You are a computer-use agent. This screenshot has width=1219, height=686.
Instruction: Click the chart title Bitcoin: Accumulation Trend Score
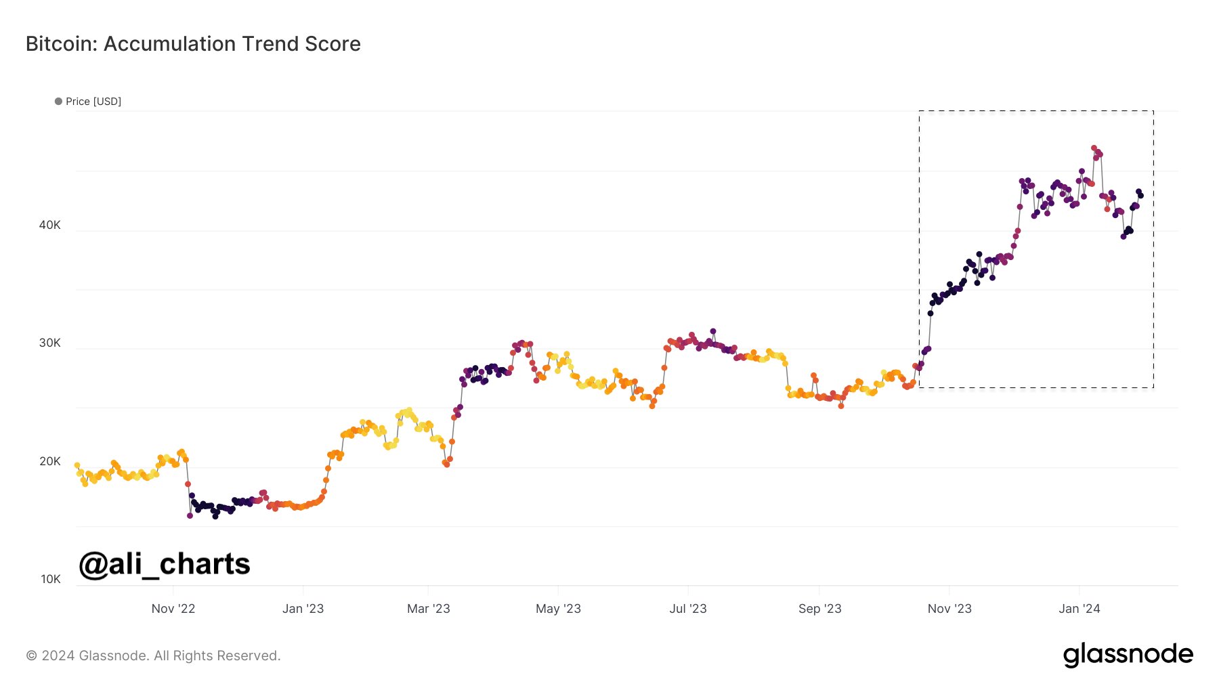(x=193, y=44)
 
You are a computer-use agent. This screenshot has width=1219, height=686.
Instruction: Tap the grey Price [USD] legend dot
(x=58, y=102)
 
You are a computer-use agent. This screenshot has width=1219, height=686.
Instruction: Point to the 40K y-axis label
(x=49, y=225)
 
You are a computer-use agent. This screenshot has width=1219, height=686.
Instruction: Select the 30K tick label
(x=49, y=343)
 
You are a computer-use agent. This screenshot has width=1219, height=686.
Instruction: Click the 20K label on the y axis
(x=49, y=461)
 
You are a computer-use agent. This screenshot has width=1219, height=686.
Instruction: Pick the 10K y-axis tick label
(x=50, y=579)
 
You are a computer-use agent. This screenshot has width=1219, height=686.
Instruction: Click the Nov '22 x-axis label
(x=173, y=609)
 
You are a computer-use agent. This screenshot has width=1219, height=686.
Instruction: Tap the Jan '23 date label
(x=303, y=609)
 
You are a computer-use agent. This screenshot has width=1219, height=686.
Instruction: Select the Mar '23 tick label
(x=428, y=609)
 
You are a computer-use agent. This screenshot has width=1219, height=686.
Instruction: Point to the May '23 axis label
(x=558, y=609)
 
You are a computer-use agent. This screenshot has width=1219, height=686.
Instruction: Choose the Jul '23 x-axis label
(x=687, y=609)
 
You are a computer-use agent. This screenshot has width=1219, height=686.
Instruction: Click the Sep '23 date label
(x=819, y=609)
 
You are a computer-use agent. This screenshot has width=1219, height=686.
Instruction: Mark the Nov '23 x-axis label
(x=949, y=609)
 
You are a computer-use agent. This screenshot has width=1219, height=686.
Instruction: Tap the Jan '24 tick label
(x=1079, y=609)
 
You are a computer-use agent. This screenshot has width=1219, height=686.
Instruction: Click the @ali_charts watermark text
(x=165, y=564)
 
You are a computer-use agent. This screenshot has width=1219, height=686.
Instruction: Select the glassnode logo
(x=1128, y=655)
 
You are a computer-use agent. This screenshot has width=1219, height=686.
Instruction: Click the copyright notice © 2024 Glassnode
(x=153, y=656)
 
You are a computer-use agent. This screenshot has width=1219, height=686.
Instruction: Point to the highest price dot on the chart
(x=1094, y=148)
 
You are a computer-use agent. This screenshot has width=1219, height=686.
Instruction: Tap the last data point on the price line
(x=1140, y=196)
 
